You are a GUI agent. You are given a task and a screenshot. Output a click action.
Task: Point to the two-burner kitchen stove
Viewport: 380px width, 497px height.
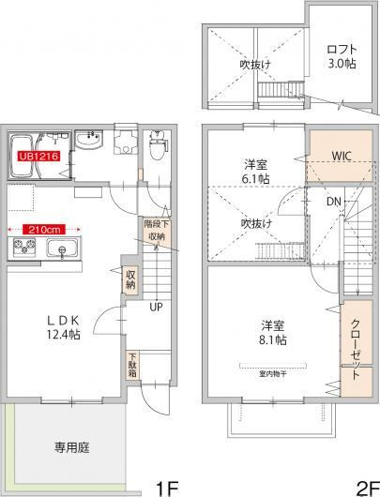click(x=23, y=248)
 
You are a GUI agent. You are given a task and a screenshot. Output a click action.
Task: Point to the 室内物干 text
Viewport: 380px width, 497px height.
click(x=272, y=370)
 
